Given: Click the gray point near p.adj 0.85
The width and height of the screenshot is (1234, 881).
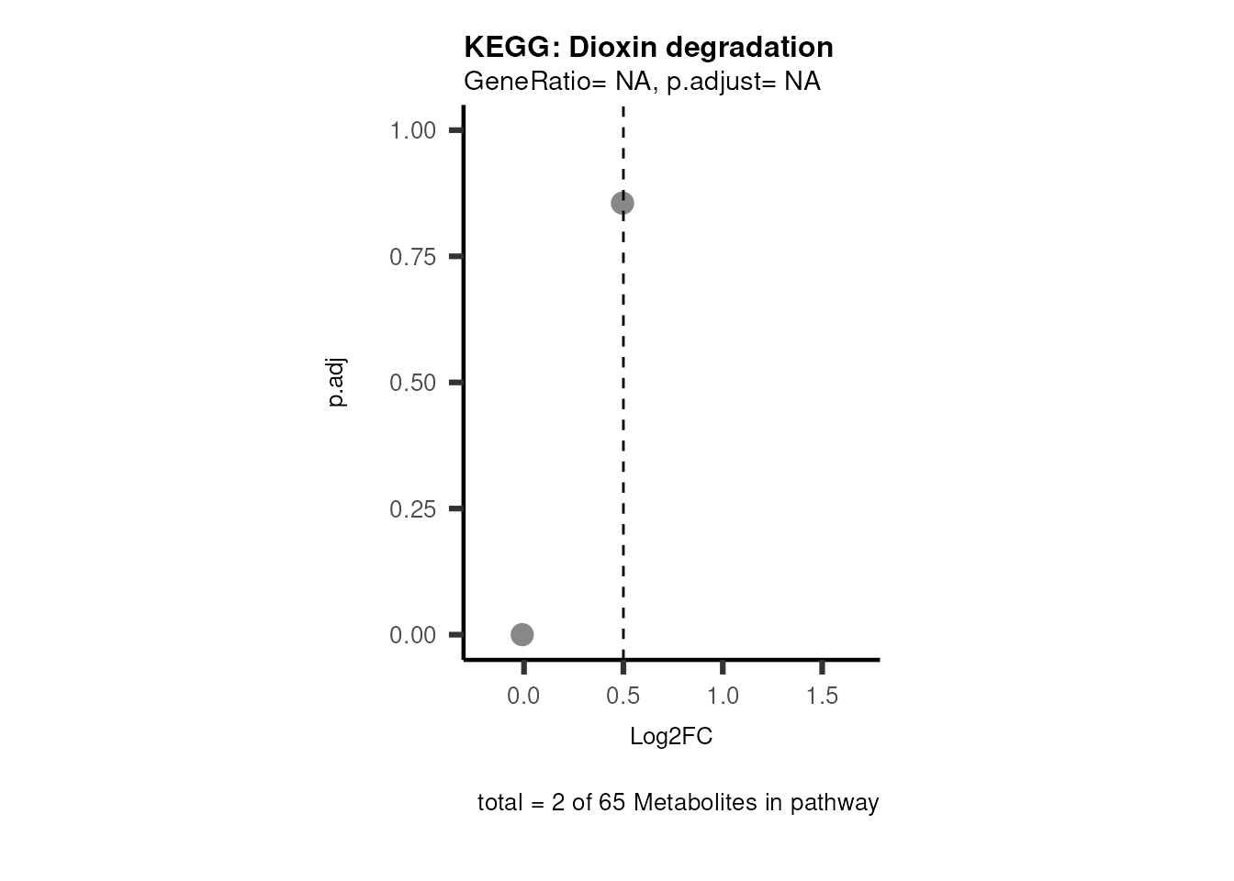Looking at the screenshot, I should (x=623, y=203).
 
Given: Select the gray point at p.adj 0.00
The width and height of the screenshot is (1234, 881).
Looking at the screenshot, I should (x=522, y=634).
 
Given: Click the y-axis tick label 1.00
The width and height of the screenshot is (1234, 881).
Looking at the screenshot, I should (x=413, y=130).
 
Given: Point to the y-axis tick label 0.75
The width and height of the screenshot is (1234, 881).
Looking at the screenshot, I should (x=413, y=257).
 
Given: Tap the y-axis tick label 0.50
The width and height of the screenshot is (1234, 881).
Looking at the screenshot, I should (x=413, y=383).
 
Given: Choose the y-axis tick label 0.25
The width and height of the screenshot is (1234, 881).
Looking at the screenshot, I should (x=413, y=508).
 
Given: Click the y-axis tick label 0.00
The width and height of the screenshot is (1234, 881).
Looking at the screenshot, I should (x=413, y=635).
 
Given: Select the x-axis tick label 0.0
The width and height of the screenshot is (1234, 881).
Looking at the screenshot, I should (x=523, y=697).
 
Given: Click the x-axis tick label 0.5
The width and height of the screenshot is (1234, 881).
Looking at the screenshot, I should (x=623, y=697).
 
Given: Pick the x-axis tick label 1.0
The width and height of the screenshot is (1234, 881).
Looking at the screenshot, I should (x=723, y=697).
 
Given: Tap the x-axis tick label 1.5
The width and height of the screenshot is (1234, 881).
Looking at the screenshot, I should (x=822, y=697).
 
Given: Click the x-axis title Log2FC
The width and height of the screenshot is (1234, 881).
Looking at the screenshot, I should (x=671, y=737).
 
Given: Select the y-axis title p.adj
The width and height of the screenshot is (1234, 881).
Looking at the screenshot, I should (x=337, y=383).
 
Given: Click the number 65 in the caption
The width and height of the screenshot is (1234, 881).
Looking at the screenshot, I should (x=611, y=803).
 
